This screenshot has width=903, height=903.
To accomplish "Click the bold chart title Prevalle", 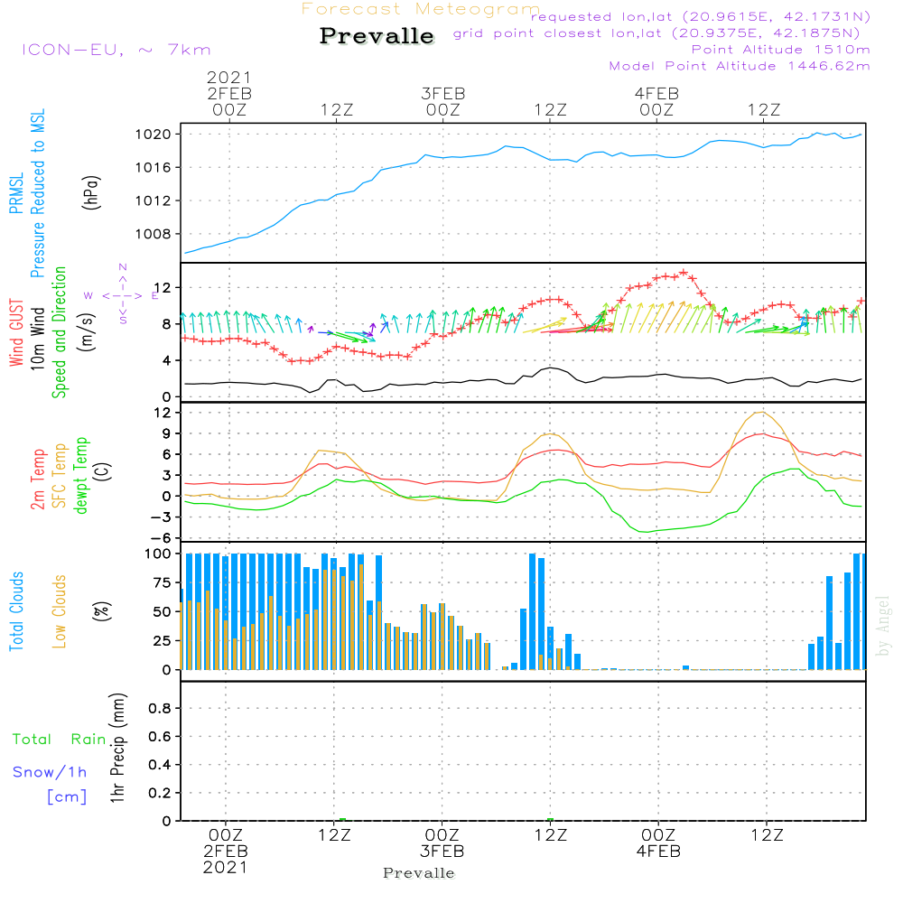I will [x=377, y=36].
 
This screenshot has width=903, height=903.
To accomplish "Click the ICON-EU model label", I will [x=116, y=50].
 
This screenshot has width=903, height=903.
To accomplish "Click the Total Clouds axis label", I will [x=17, y=611].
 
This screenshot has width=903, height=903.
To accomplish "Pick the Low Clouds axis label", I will [x=61, y=611].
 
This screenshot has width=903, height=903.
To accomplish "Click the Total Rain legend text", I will [x=59, y=739].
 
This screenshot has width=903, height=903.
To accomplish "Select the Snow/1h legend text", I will [x=51, y=772].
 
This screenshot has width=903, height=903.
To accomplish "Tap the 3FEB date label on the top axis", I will [x=442, y=93].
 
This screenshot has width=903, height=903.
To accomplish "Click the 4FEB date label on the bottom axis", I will [x=658, y=852].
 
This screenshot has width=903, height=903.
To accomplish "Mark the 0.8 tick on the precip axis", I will [x=159, y=709].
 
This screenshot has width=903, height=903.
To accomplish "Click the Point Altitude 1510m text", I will [x=780, y=49].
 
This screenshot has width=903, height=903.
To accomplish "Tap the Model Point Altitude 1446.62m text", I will [x=740, y=65].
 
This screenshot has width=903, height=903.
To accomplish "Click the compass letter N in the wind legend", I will [x=122, y=266].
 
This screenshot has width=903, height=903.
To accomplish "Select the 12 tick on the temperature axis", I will [x=163, y=413].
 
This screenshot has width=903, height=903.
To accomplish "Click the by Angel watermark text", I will [x=883, y=625].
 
